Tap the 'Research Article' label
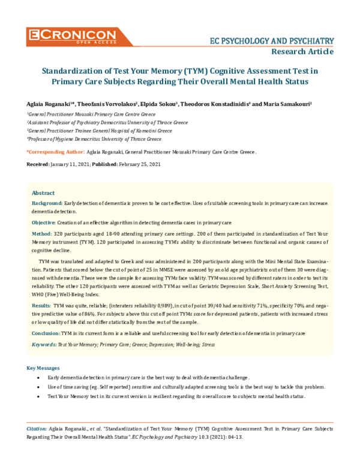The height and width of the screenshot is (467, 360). coord(302,52)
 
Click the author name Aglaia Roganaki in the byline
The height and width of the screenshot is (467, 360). coord(49,104)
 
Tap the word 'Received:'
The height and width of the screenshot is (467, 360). coord(38,164)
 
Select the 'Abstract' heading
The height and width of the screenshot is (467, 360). coord(43,193)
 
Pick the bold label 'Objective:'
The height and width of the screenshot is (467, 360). coord(44,222)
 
